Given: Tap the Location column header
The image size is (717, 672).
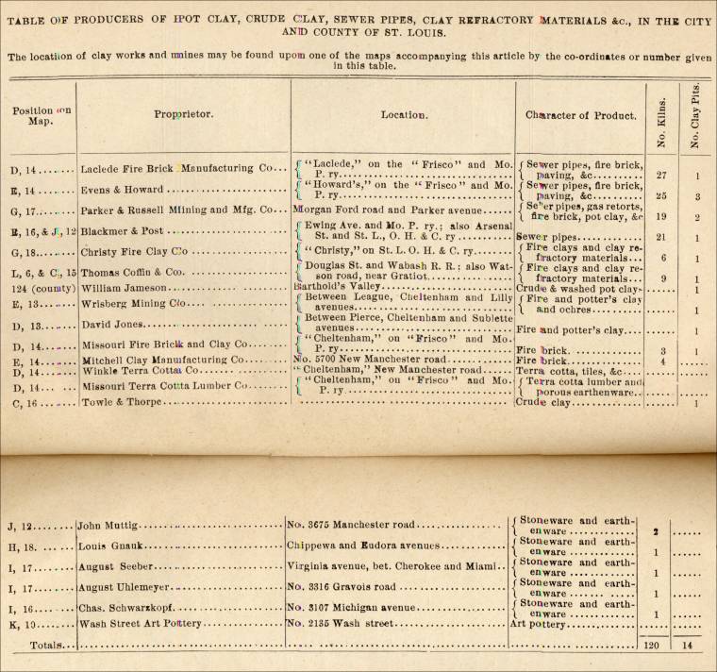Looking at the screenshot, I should tap(405, 115).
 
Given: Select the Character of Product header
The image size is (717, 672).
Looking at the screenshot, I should tap(577, 114).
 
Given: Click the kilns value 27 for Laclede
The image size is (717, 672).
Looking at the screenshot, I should tap(660, 175).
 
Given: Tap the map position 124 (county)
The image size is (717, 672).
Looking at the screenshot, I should tap(40, 288).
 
